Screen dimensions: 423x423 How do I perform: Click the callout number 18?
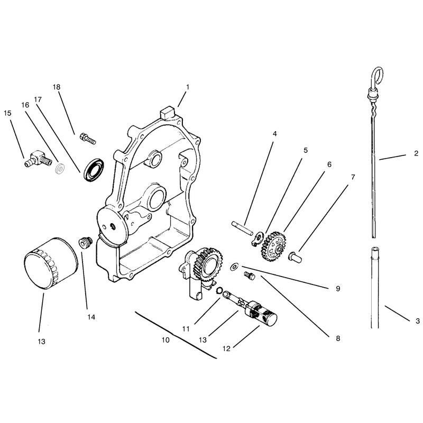click(x=57, y=87)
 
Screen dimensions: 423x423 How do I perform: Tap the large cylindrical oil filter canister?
click(x=51, y=263)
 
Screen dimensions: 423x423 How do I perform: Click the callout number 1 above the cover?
click(x=188, y=87)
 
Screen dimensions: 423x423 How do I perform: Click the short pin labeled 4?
click(x=242, y=228)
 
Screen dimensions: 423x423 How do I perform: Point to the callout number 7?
click(x=353, y=177)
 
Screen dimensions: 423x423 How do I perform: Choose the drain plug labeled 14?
click(x=85, y=242)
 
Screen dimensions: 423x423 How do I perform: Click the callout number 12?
click(x=226, y=348)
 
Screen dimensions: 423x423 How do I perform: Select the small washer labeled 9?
click(x=234, y=267)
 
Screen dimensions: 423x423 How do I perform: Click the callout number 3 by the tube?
click(x=418, y=321)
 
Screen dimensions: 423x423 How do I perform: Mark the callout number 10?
click(x=165, y=340)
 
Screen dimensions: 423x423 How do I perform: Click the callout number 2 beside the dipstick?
click(x=416, y=153)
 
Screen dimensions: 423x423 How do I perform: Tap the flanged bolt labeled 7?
click(x=295, y=256)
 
